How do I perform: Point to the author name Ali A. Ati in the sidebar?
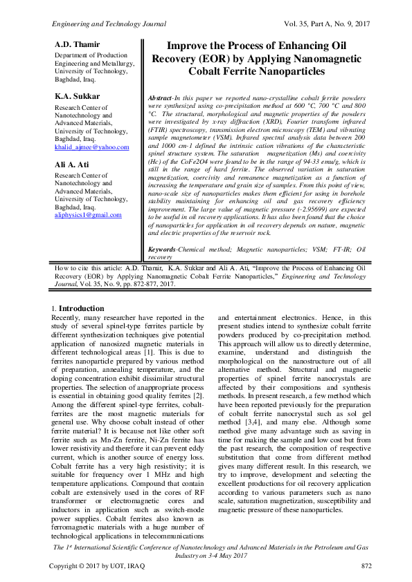(x=72, y=165)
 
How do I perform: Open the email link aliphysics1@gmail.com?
(x=88, y=215)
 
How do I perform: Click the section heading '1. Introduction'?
(x=79, y=308)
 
